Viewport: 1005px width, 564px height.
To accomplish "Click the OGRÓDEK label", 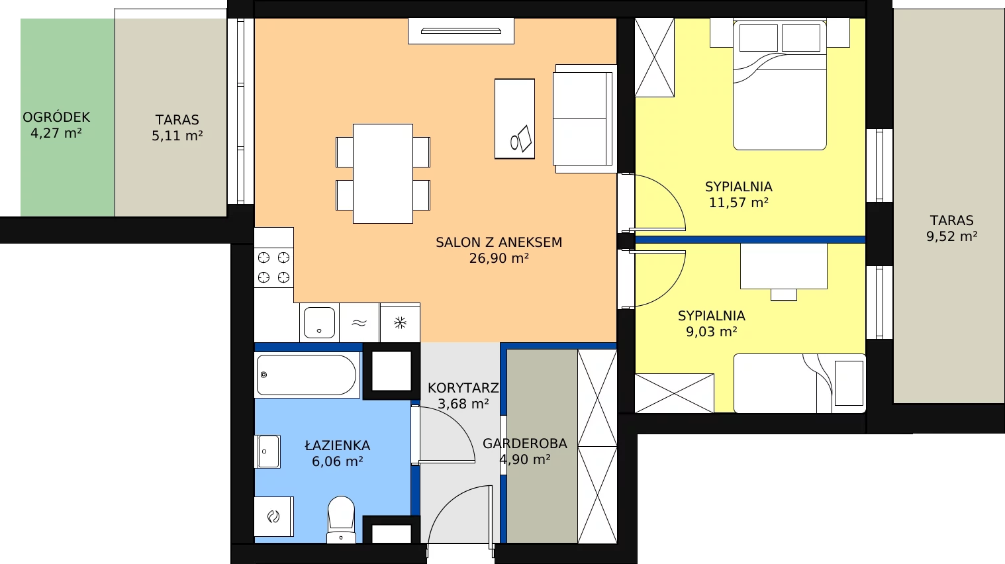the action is tap(56, 118).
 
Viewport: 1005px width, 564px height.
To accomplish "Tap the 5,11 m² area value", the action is tap(177, 136).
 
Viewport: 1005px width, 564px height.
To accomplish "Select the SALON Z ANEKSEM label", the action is tap(499, 242).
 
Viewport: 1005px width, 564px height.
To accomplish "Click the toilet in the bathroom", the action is tap(342, 520).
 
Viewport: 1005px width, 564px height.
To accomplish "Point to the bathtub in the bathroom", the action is tap(307, 375).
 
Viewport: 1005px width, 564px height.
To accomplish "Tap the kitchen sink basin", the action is tap(319, 322).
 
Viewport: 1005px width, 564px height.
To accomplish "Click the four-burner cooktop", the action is tap(273, 268).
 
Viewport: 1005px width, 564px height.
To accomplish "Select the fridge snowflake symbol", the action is tap(400, 322).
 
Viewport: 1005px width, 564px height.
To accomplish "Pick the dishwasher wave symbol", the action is tap(359, 322).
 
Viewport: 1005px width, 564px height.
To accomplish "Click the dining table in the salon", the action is tap(383, 173).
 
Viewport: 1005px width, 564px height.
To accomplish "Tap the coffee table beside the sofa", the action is tap(514, 119).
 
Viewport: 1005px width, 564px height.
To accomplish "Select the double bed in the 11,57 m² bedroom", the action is tap(780, 85).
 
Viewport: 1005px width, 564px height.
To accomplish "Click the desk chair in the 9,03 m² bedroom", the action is tap(784, 295).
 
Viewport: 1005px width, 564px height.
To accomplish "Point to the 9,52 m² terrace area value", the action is tap(951, 236).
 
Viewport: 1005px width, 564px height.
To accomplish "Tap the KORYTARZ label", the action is tap(463, 388).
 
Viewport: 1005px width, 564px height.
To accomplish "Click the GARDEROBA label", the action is tap(525, 444).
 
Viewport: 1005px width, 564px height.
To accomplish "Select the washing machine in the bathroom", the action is tap(273, 516).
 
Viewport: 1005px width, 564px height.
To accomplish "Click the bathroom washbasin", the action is tap(268, 452).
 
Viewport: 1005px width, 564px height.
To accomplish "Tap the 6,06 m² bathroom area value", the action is tap(338, 461).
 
